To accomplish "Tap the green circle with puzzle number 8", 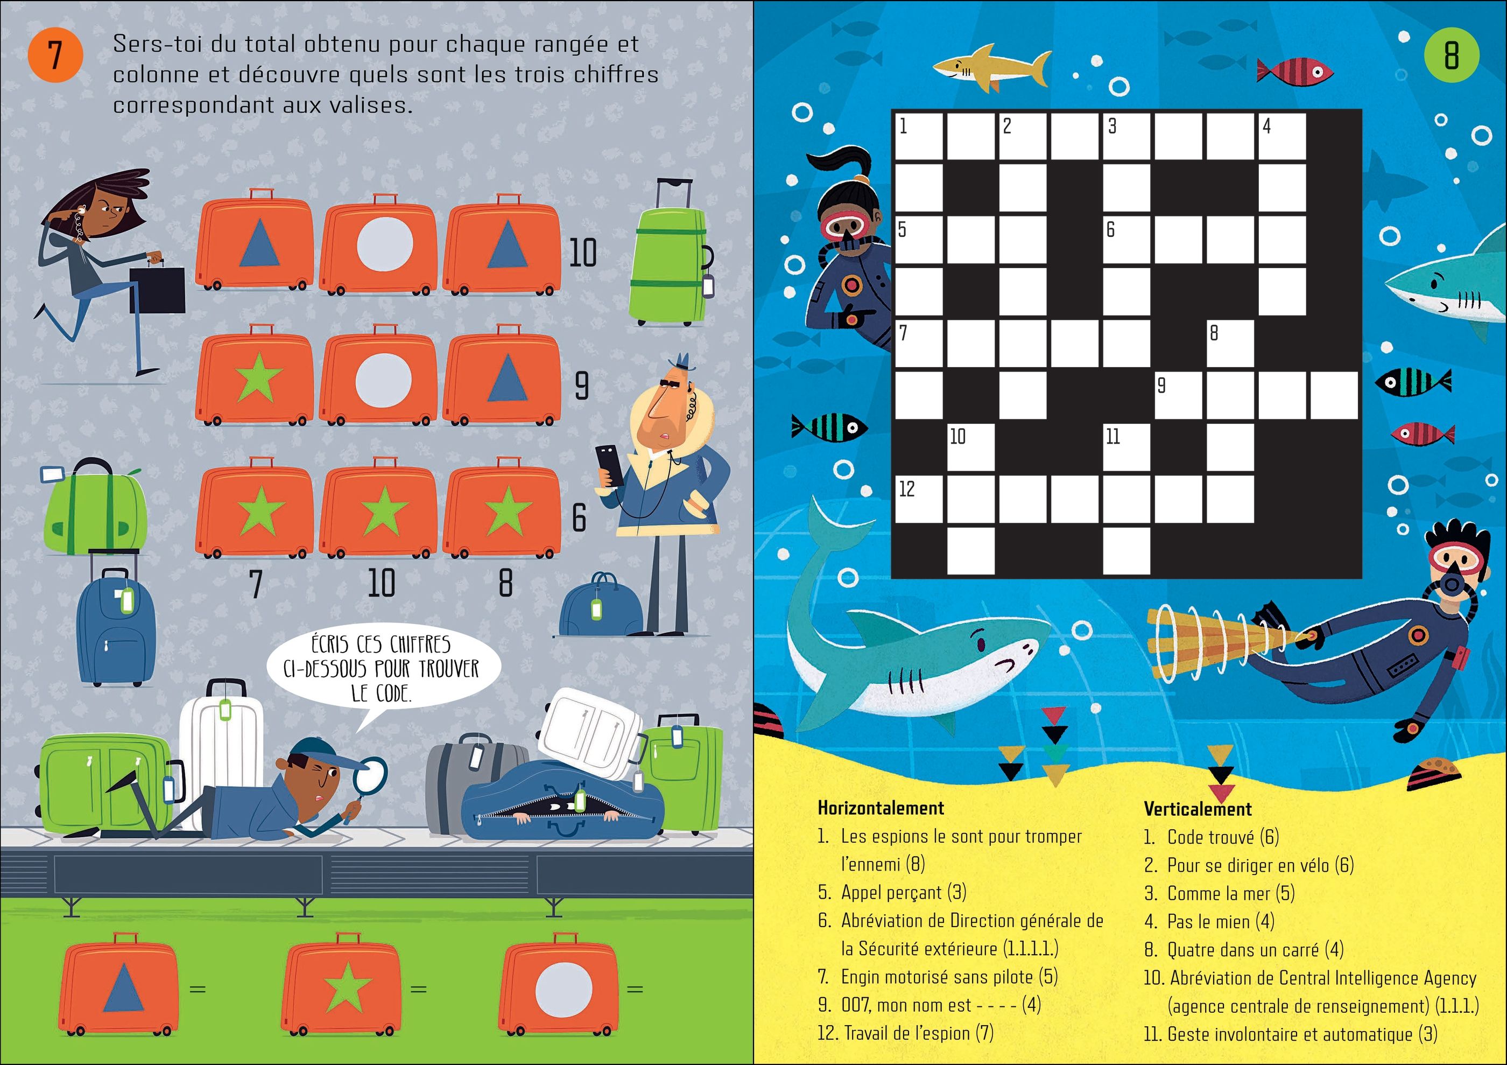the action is (x=1451, y=54).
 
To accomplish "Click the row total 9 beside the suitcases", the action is (x=581, y=386).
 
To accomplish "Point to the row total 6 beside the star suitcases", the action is (x=579, y=518).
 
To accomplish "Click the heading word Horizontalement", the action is (x=881, y=808).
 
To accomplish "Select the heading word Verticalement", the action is (x=1198, y=809).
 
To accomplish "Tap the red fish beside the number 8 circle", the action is (x=1294, y=71).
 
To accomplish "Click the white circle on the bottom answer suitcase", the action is (x=564, y=988).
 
